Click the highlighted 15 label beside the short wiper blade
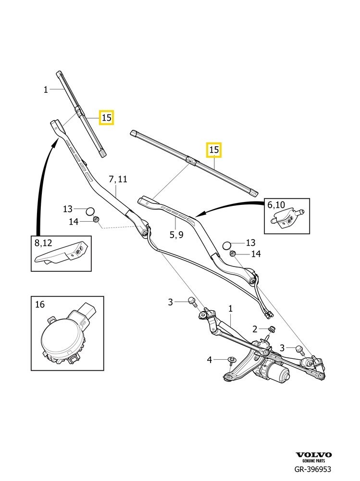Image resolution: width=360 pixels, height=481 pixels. click(x=106, y=117)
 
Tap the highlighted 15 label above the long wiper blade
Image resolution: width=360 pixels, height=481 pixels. click(x=213, y=150)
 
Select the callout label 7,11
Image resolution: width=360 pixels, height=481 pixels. click(x=118, y=179)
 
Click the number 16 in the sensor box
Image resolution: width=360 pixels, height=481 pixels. click(x=39, y=304)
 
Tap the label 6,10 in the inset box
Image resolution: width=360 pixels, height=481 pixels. click(x=276, y=205)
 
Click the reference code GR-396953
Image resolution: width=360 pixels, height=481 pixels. click(x=313, y=469)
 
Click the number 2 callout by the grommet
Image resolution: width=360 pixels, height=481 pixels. click(x=255, y=329)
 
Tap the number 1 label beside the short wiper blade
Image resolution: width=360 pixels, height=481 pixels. click(x=46, y=89)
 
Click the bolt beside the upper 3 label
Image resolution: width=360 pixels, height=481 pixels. click(x=192, y=302)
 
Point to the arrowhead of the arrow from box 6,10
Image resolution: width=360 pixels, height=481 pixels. click(x=200, y=214)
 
